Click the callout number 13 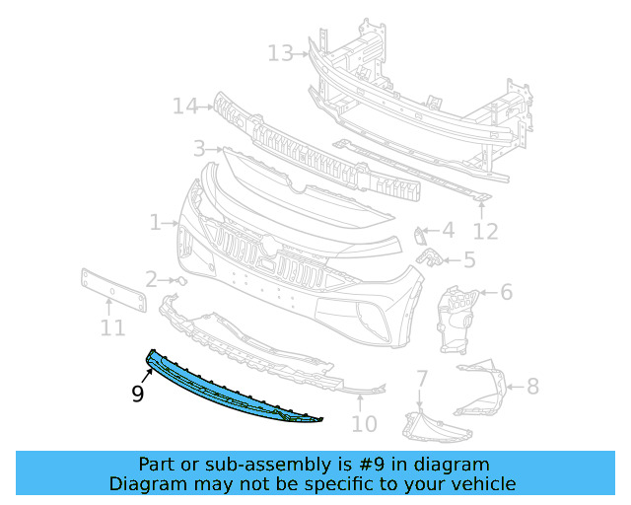click(280, 52)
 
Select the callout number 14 click(185, 105)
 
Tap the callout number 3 click(198, 149)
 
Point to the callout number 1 click(155, 223)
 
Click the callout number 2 click(151, 279)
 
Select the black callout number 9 click(137, 395)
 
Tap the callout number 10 click(364, 424)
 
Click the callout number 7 click(421, 379)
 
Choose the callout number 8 click(532, 386)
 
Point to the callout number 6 click(506, 292)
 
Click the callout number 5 click(468, 260)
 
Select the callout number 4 click(448, 231)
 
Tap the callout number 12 click(485, 232)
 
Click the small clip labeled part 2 click(180, 280)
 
